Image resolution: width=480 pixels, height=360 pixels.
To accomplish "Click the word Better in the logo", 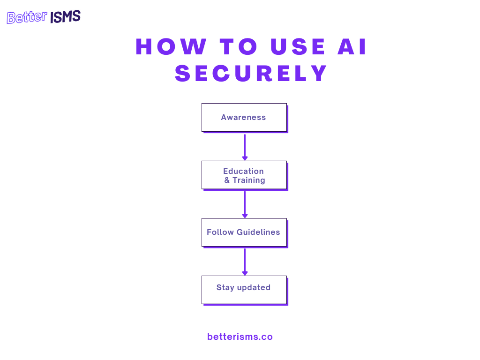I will coord(27,18).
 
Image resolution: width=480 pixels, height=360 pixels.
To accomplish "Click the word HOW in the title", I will coord(171,47).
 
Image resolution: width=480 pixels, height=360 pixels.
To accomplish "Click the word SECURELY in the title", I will coord(251,74).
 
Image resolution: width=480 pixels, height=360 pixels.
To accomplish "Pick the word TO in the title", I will coord(239,47).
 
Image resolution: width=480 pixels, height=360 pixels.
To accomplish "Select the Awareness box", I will coord(244,117).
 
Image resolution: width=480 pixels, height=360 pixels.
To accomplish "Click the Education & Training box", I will coord(244,175).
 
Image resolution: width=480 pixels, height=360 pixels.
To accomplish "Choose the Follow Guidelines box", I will coord(244,232).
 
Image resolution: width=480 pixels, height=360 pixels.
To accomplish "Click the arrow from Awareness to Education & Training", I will coord(245,147).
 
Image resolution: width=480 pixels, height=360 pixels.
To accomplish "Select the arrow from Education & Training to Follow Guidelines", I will coord(245,204).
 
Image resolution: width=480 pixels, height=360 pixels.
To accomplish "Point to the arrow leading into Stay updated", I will coord(245,262).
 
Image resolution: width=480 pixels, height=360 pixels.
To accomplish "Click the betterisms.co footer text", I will coord(240,337).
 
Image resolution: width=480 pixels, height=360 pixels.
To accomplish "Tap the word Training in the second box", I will coord(249,180).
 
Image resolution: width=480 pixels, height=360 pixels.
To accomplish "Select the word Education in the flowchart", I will coord(243,171).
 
